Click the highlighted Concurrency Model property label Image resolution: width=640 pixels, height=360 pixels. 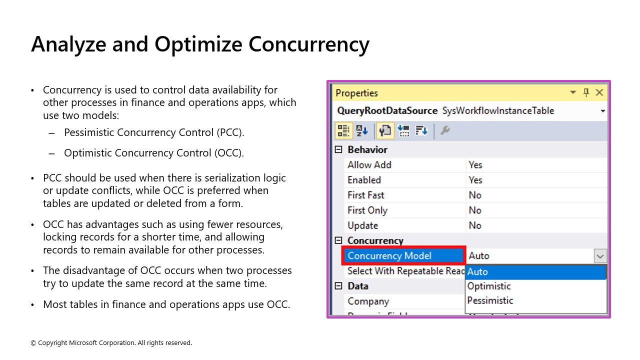click(x=389, y=255)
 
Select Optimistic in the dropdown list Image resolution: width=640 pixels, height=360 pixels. click(x=489, y=286)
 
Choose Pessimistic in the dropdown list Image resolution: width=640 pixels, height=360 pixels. click(x=490, y=300)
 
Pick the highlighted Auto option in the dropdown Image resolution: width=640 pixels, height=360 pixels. click(x=478, y=272)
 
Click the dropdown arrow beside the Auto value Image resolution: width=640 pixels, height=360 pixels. click(x=599, y=256)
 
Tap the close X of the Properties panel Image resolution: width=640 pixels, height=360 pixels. click(x=599, y=92)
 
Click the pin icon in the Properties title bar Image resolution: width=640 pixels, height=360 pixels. click(x=586, y=92)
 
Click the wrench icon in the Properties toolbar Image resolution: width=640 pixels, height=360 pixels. click(x=445, y=130)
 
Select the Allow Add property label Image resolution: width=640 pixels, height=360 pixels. click(x=369, y=164)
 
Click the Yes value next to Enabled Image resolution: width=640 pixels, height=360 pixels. click(x=475, y=180)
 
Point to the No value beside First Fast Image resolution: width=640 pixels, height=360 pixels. click(x=475, y=195)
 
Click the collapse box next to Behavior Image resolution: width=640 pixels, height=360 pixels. click(x=338, y=149)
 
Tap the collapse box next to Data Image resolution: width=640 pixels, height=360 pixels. click(x=338, y=286)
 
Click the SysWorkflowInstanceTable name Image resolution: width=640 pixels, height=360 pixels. click(x=498, y=110)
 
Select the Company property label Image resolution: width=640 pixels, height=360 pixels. click(x=368, y=301)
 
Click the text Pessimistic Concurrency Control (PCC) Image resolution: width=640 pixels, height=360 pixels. click(x=154, y=132)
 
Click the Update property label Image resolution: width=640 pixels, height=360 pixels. click(x=362, y=225)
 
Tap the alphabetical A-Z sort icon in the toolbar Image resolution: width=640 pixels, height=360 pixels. click(x=362, y=130)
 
